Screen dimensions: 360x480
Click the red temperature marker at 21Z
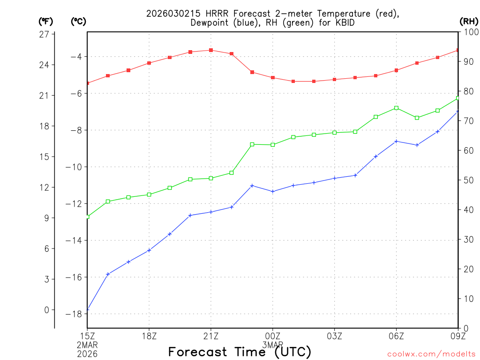point(211,50)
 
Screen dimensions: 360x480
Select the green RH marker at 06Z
point(397,108)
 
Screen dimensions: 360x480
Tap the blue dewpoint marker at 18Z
point(149,250)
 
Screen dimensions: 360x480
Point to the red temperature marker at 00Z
point(273,78)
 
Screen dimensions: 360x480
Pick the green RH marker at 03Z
point(335,133)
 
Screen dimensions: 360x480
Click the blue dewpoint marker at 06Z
point(397,141)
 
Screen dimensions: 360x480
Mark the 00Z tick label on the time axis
point(273,336)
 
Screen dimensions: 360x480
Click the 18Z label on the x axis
point(149,336)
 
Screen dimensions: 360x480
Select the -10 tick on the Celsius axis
point(75,167)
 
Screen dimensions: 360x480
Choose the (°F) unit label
point(46,21)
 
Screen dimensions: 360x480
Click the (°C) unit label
point(78,21)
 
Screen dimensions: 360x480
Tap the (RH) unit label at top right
point(469,21)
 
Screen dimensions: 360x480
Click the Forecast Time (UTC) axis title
point(240,352)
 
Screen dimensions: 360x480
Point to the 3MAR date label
point(273,345)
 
